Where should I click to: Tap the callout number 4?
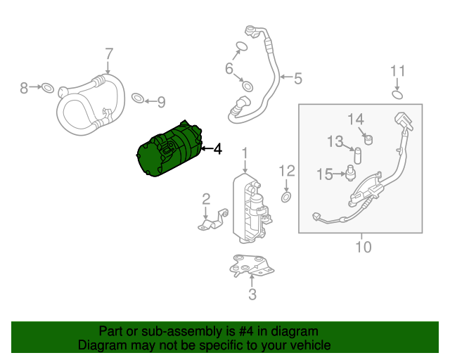pos(217,149)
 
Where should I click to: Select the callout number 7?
pos(109,53)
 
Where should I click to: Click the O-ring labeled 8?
pos(47,89)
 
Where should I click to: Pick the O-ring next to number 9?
pos(138,96)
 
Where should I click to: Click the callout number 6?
pos(229,68)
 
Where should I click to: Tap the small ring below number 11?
pos(397,95)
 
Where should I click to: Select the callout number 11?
pos(398,71)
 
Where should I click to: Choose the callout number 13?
pos(335,142)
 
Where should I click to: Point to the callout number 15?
pos(324,174)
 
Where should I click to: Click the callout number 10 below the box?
pos(363,247)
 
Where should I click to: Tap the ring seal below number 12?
pos(286,197)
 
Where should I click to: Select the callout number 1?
pos(245,153)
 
